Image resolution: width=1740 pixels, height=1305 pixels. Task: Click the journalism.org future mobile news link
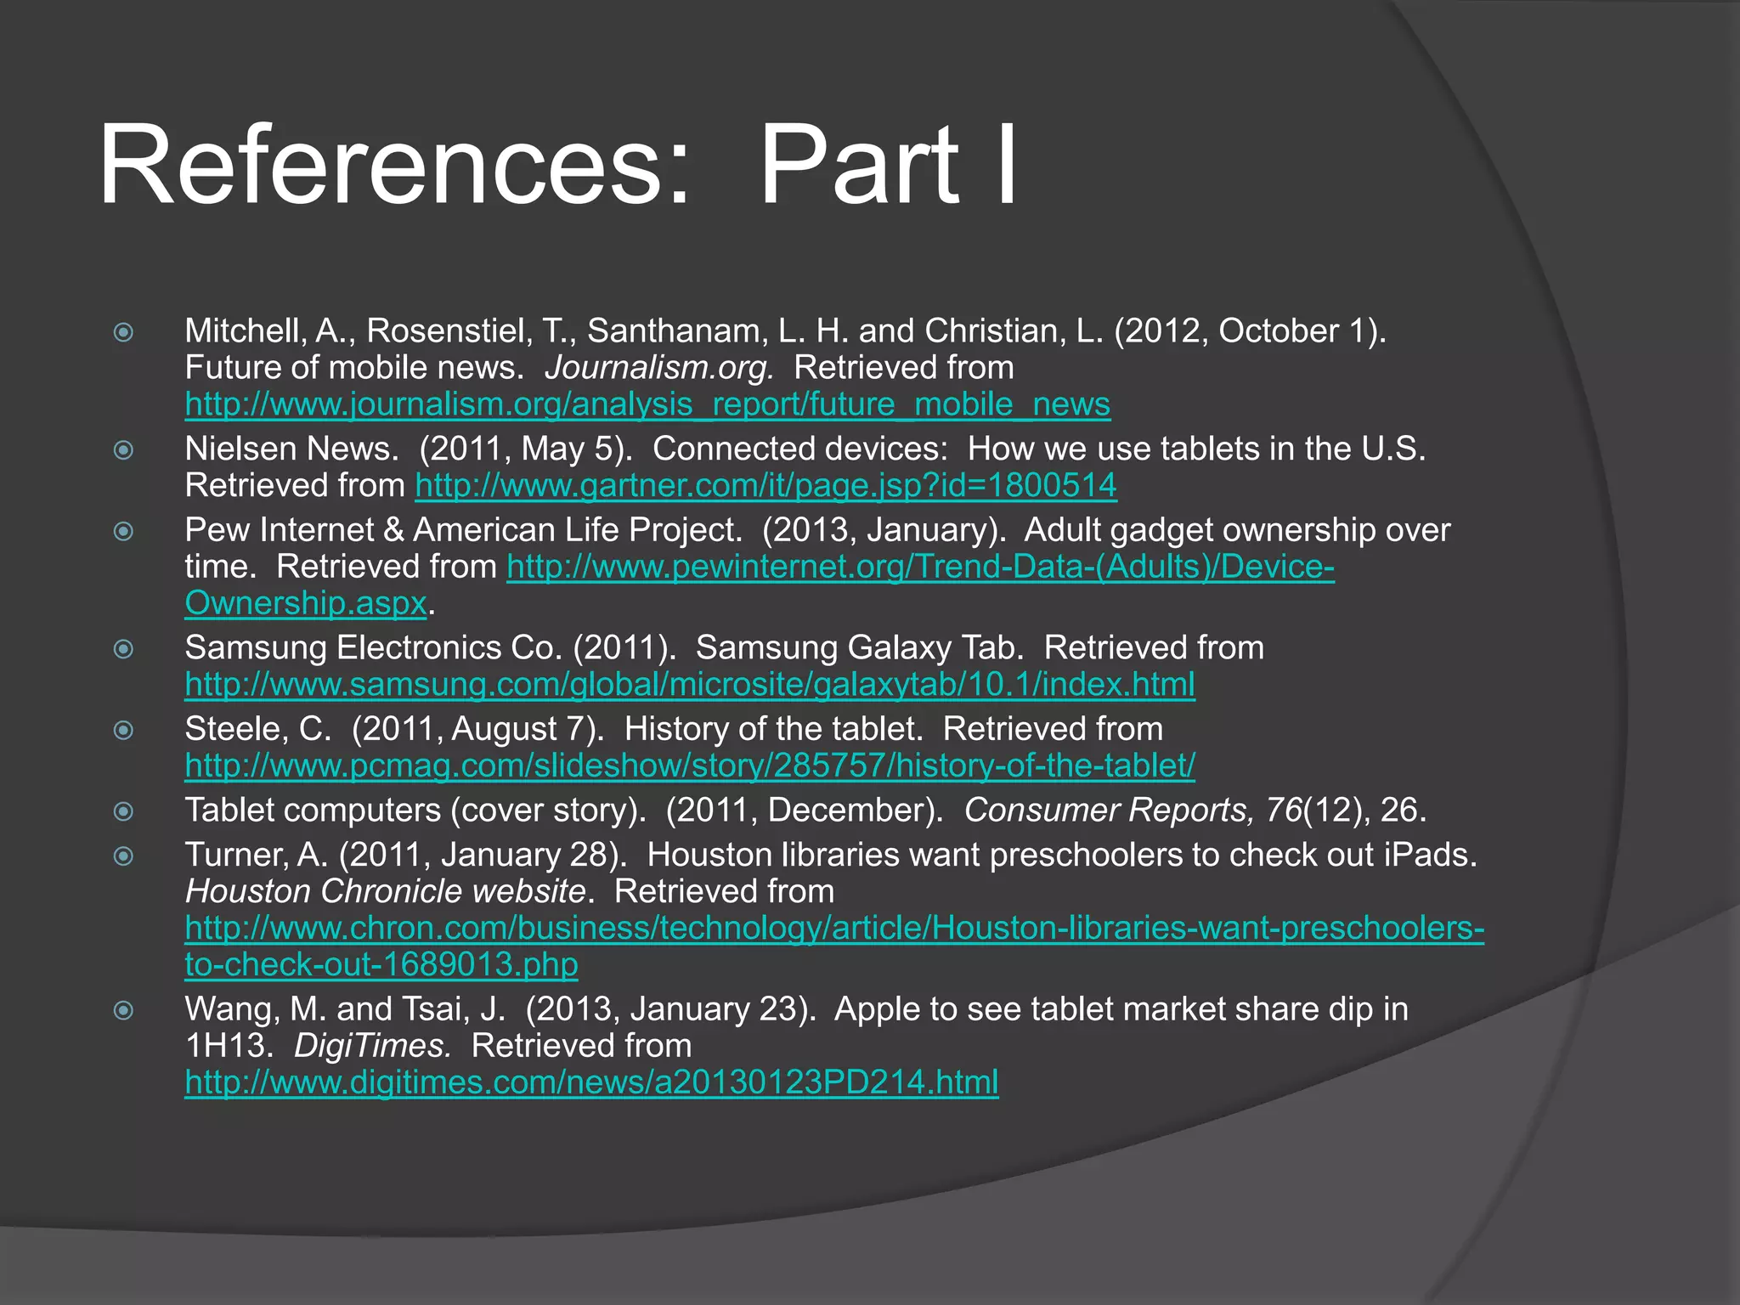click(x=647, y=404)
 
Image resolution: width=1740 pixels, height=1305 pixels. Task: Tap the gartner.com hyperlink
click(x=765, y=485)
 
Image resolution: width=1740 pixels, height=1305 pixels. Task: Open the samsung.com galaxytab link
click(x=690, y=684)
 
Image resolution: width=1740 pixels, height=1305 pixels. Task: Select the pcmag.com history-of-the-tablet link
click(x=690, y=765)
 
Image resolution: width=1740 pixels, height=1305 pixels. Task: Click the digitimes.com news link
click(x=591, y=1082)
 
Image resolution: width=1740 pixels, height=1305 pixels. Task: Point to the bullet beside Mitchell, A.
click(x=124, y=331)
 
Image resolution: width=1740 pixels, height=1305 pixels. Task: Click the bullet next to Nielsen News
click(x=124, y=449)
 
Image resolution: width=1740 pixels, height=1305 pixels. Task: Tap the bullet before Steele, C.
click(x=124, y=730)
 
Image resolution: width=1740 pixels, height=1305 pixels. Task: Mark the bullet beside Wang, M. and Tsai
click(x=124, y=1010)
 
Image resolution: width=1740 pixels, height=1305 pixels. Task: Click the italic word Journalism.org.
click(x=659, y=368)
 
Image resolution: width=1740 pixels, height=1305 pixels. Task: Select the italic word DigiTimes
click(x=372, y=1046)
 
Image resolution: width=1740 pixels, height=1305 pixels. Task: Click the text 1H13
click(x=228, y=1046)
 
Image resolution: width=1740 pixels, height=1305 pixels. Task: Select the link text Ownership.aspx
click(x=306, y=603)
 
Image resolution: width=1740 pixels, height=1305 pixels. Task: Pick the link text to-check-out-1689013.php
click(x=381, y=964)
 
